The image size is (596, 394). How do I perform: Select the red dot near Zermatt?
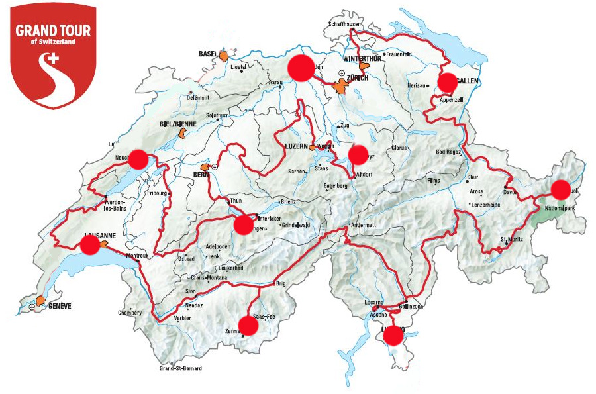[248, 325]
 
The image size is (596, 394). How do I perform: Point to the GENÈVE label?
[58, 306]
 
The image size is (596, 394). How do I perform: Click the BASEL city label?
[208, 54]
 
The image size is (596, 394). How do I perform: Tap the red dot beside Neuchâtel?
[138, 159]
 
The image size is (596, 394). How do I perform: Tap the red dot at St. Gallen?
[448, 81]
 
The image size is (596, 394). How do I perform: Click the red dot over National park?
[560, 189]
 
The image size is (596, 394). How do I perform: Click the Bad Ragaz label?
[450, 153]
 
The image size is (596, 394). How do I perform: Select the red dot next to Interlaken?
[244, 225]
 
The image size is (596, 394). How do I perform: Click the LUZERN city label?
[297, 148]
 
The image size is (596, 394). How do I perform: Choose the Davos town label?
[510, 192]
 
